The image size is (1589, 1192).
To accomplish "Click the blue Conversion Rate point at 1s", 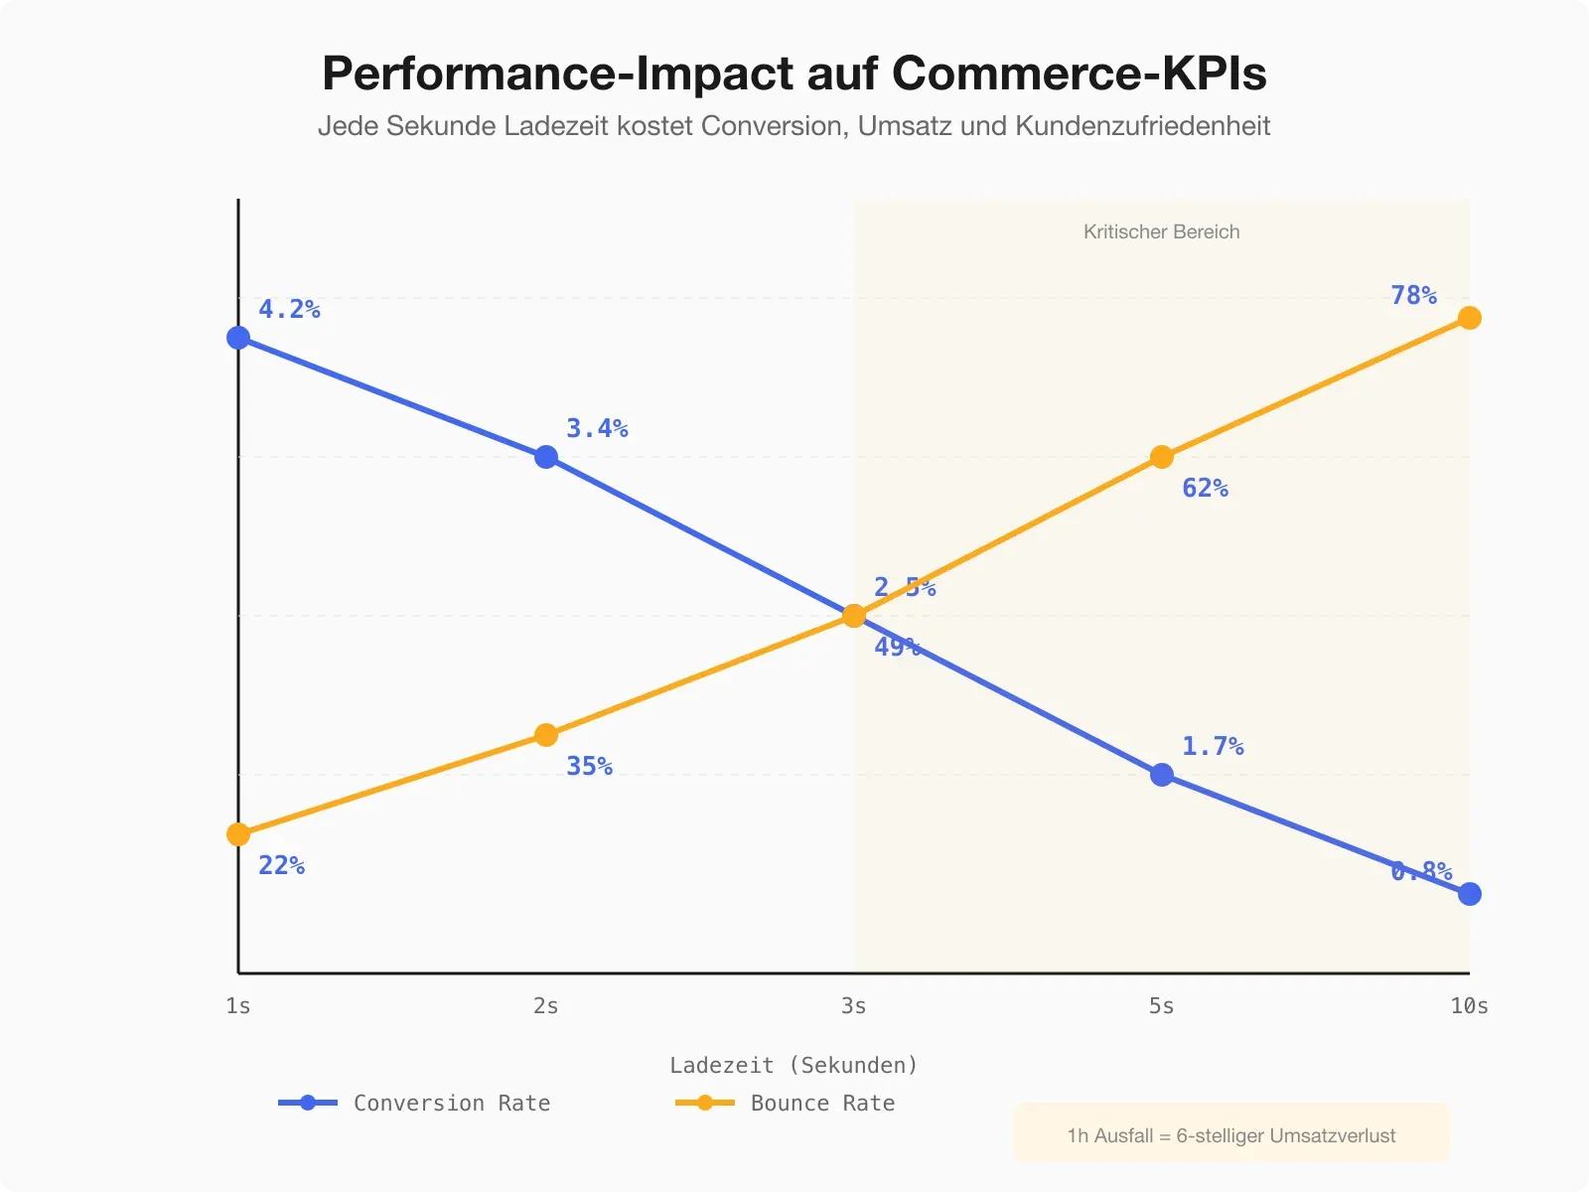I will [238, 338].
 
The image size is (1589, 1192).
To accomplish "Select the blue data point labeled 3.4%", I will [546, 457].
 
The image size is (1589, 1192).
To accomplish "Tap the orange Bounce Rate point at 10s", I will [1470, 318].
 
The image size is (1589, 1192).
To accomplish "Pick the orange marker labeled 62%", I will [1162, 457].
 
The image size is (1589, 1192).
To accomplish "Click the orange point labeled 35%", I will [546, 735].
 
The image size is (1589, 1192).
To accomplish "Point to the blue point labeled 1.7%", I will [1162, 775].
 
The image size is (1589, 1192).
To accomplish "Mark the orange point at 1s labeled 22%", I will [238, 834].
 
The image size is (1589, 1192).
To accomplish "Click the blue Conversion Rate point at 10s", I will [1470, 894].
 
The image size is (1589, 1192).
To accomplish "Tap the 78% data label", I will [1413, 295].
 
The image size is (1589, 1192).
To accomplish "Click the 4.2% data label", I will [289, 309].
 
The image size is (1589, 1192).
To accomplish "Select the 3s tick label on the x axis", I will [853, 1006].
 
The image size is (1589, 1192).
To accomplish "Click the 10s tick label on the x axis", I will [1469, 1006].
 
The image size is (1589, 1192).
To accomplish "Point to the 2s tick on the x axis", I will [545, 1006].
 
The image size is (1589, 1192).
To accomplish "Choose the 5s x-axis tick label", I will [1161, 1006].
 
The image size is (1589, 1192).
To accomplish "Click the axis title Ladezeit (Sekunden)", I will [794, 1066].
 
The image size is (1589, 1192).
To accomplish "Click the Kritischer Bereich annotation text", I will [1161, 231].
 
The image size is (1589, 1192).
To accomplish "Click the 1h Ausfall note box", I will [1230, 1135].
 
